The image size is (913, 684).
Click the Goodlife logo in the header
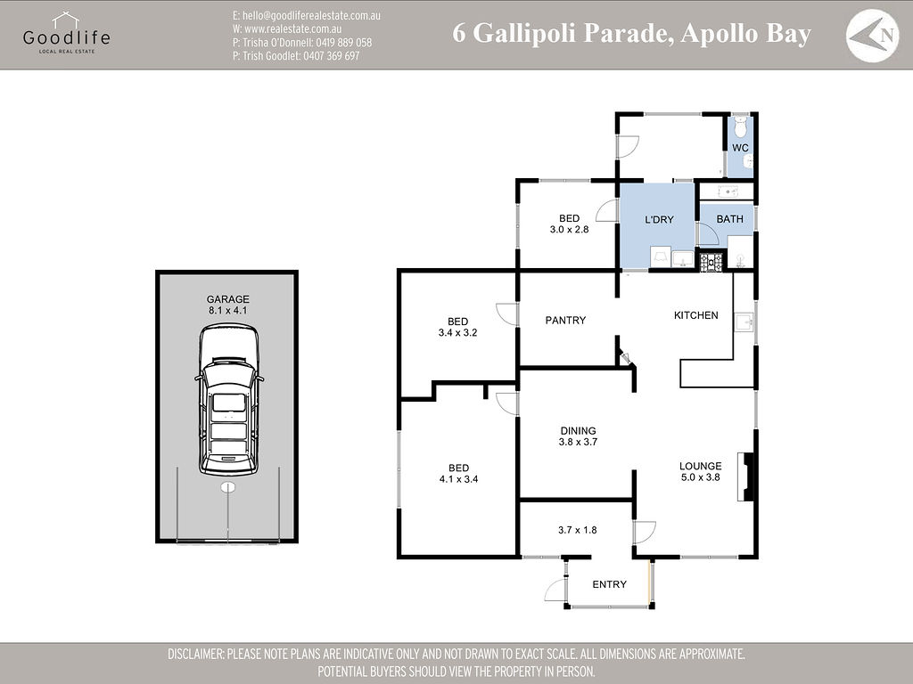[66, 33]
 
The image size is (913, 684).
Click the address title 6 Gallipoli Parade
[631, 34]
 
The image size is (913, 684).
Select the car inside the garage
[229, 400]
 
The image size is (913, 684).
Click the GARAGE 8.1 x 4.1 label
[228, 305]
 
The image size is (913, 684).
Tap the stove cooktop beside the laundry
[711, 262]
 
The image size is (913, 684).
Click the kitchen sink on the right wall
[744, 322]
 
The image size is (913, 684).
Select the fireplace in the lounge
[750, 476]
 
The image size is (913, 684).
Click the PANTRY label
[565, 320]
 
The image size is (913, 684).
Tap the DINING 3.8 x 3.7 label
[578, 436]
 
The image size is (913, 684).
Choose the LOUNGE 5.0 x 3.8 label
[700, 471]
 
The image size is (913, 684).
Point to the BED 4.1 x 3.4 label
[458, 474]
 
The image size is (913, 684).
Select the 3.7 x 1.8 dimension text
[578, 530]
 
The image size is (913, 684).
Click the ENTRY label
[609, 584]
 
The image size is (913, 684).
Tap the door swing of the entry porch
[555, 589]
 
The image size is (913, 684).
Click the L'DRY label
[659, 219]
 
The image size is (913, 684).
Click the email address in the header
[306, 16]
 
